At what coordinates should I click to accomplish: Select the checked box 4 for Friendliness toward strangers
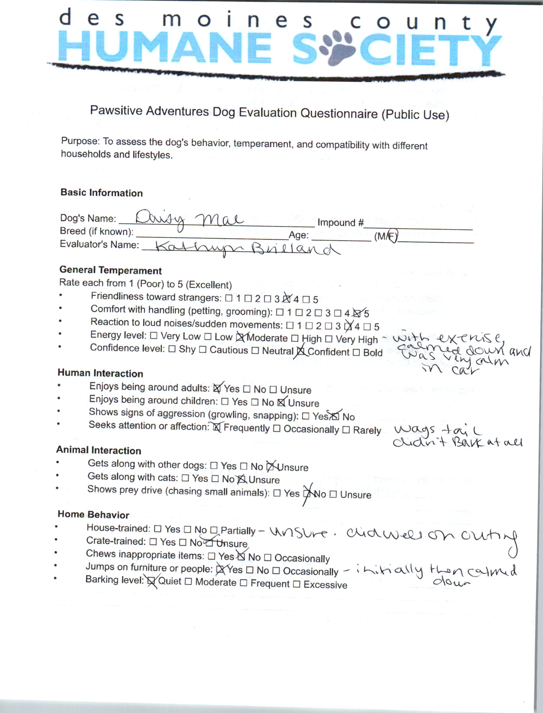286,299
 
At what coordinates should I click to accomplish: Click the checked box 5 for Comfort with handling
357,313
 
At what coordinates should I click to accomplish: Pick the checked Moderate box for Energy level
240,338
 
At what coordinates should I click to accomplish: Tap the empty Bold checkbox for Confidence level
356,352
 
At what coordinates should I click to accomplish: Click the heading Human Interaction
100,373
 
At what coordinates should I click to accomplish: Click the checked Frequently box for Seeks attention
217,427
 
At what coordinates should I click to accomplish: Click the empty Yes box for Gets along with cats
185,477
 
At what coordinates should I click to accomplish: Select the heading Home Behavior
93,514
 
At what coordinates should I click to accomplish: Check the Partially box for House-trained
214,530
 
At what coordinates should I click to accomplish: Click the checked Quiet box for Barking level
151,581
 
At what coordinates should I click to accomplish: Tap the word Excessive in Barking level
325,585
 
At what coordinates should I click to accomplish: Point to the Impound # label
340,222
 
